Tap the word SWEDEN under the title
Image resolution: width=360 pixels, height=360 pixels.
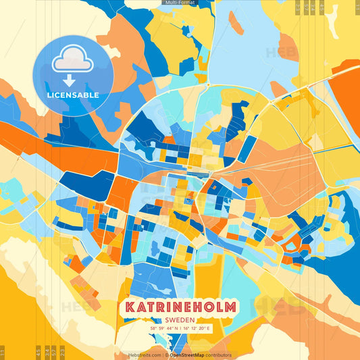tap(180, 321)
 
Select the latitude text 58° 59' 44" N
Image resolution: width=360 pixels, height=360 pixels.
tap(163, 329)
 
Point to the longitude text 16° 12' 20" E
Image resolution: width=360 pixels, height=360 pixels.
tap(198, 329)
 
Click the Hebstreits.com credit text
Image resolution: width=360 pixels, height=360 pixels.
tap(145, 355)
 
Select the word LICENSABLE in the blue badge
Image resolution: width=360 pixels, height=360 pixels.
tap(73, 95)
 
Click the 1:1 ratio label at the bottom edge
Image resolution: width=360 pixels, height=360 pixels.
tap(2, 352)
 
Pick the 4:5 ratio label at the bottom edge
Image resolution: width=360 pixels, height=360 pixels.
tap(38, 352)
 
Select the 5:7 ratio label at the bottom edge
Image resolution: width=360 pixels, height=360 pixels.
tap(54, 352)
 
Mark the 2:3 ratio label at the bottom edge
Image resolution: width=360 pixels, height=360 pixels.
tap(62, 352)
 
